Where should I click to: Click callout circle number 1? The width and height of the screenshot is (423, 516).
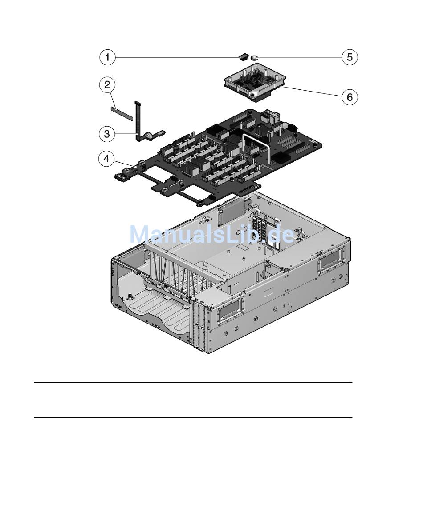[107, 57]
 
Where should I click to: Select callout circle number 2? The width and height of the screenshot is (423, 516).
[107, 84]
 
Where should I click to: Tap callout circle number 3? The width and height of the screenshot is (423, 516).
[107, 133]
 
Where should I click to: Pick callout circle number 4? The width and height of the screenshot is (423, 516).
[107, 159]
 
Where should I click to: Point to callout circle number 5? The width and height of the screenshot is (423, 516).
[350, 57]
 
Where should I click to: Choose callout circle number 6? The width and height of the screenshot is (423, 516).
[350, 96]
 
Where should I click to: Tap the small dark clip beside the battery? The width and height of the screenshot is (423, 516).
[244, 56]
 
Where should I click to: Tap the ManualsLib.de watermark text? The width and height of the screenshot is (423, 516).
[211, 234]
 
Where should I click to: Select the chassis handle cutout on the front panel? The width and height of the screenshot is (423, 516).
[230, 309]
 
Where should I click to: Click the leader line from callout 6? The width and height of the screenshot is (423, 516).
[312, 92]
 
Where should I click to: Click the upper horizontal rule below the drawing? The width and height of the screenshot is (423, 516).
[193, 382]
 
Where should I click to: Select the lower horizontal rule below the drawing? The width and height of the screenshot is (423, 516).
[193, 417]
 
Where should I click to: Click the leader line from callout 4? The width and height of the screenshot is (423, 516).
[125, 164]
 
